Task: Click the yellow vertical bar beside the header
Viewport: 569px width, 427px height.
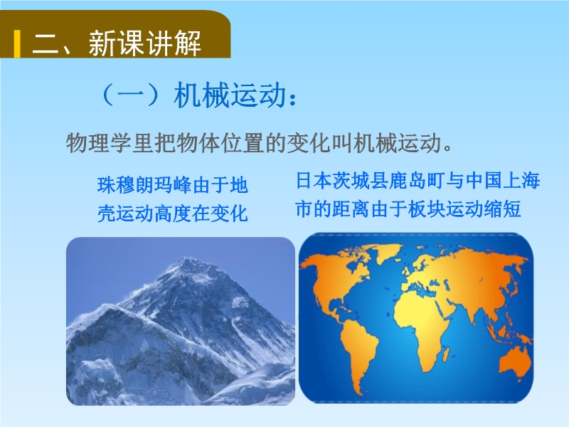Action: [17, 44]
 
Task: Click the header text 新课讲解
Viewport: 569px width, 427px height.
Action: [145, 43]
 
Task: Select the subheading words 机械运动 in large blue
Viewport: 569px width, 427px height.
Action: [230, 95]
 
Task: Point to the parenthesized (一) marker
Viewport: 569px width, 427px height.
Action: [132, 95]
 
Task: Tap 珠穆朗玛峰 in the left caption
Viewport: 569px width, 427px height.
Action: [144, 185]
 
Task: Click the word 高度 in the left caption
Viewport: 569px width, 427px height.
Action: [172, 213]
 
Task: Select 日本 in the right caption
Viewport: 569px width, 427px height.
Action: [314, 181]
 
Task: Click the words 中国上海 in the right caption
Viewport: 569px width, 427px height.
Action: [503, 181]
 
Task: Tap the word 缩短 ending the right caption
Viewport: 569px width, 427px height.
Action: [503, 209]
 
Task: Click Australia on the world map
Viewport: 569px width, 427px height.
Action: [514, 363]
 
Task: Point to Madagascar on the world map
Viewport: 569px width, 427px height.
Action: [447, 354]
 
